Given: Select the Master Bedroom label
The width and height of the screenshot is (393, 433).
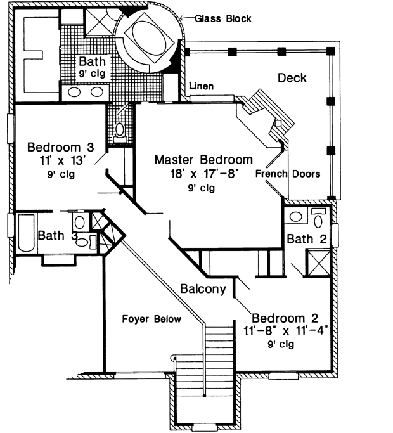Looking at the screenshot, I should point(203,160).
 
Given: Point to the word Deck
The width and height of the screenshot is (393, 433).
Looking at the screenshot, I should point(292,78).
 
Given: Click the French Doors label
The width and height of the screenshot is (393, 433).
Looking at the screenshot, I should point(288,174).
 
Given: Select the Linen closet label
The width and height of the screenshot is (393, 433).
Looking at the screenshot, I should point(200,86).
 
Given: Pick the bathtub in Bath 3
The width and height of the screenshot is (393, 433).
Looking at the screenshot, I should point(23,235).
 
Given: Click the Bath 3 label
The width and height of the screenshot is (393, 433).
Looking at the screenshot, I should point(57,236).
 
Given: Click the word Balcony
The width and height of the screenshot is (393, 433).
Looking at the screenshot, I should point(203,290).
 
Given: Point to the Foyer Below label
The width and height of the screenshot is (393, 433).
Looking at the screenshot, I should point(151,319).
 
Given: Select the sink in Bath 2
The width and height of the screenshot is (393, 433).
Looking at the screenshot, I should point(295,217).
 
